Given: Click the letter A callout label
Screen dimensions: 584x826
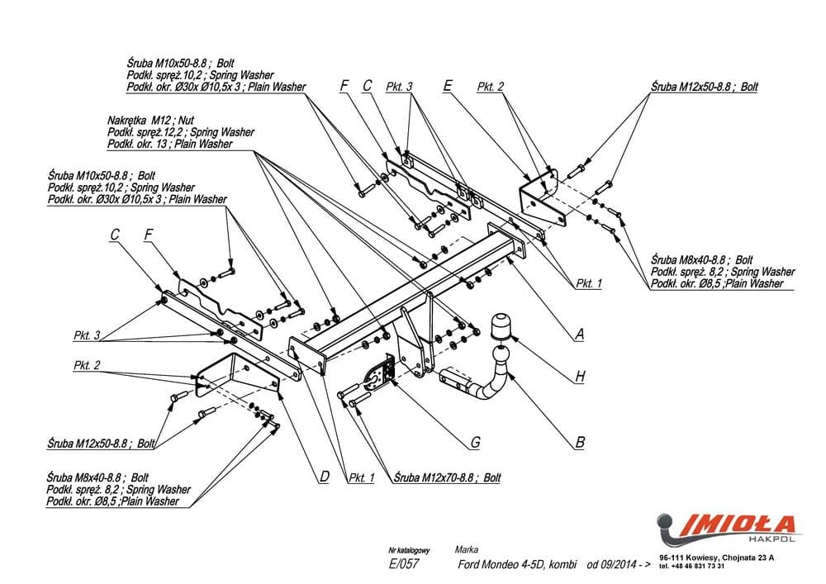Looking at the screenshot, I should click(580, 335).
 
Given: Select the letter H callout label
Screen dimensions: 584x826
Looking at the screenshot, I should click(580, 377).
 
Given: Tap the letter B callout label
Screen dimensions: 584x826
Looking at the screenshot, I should click(580, 443).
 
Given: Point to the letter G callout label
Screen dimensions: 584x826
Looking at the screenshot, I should click(475, 443).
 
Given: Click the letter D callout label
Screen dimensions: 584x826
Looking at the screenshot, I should click(324, 476).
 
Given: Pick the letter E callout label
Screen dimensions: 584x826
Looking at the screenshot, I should click(447, 85).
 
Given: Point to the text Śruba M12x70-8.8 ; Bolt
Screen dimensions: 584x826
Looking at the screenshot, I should click(448, 477).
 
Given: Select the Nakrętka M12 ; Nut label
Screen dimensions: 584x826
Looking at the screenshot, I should click(150, 120).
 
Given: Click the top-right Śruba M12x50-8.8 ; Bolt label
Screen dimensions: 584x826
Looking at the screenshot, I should click(704, 86).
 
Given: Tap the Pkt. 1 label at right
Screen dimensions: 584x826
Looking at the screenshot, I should click(589, 283).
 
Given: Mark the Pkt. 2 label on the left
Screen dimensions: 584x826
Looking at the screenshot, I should click(87, 365).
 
